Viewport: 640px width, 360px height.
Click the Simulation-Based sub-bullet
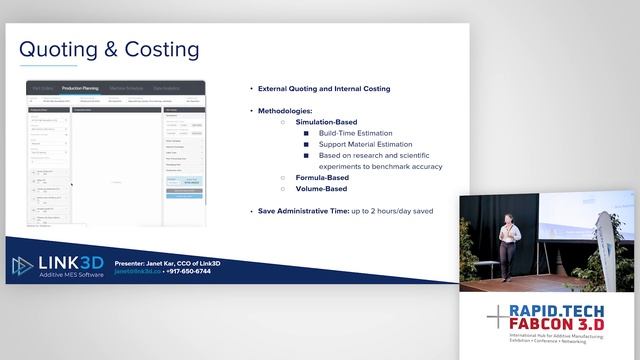327,122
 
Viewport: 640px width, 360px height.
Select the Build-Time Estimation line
356,133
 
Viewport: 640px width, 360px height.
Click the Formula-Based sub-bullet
322,177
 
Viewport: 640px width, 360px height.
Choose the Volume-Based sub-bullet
321,188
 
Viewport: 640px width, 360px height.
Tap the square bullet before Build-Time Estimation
308,133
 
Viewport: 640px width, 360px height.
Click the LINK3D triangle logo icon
23,266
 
